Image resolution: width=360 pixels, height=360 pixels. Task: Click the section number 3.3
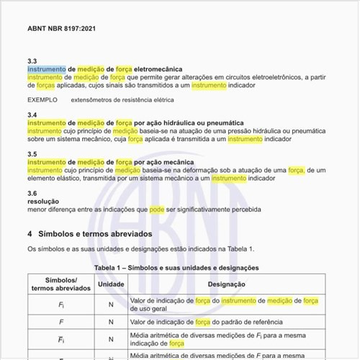[x=32, y=61]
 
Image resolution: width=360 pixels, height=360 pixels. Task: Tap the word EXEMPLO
[x=42, y=99]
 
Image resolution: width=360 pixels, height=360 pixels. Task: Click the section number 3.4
[x=32, y=115]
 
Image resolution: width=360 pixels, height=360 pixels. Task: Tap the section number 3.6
[x=32, y=194]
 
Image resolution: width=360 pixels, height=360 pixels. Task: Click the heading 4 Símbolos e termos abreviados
[x=89, y=234]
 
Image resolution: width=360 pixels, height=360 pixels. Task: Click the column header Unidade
[x=111, y=284]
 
